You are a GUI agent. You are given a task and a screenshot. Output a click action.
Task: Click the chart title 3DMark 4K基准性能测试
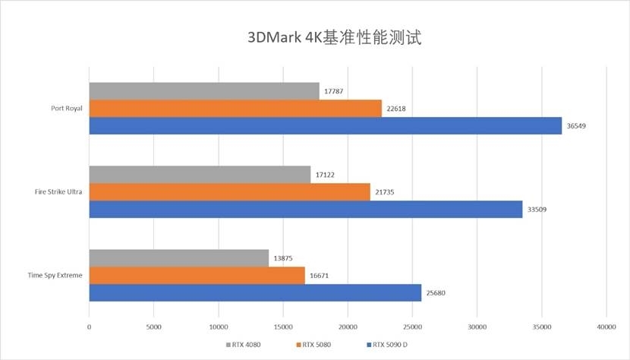point(334,37)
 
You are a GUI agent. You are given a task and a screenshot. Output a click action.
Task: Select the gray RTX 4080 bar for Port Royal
point(203,91)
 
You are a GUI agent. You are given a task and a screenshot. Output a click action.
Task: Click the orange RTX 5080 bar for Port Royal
point(235,109)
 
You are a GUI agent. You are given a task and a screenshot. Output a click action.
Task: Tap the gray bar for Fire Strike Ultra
point(199,175)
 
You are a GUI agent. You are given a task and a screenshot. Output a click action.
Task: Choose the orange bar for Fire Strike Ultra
point(229,192)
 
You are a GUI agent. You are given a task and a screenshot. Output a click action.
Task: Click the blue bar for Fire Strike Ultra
point(305,209)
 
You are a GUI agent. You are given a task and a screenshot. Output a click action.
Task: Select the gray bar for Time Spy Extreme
point(178,258)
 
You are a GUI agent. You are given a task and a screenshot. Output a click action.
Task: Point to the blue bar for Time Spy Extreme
point(255,292)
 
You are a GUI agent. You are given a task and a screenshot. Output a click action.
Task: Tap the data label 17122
point(325,175)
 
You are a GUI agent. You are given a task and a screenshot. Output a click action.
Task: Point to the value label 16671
point(320,276)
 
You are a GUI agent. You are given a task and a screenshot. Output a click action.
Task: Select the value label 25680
point(436,292)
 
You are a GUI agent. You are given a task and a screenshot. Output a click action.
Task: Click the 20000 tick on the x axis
point(348,327)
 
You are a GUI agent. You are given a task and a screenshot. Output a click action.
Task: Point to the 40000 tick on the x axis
point(606,327)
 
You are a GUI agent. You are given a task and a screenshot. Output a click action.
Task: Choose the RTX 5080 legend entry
point(313,344)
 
